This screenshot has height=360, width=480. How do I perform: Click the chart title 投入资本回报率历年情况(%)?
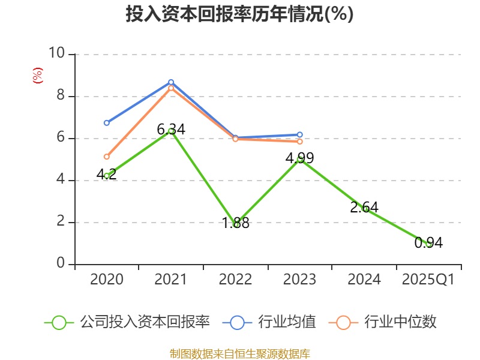tap(239, 14)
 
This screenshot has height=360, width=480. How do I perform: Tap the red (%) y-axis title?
tap(37, 76)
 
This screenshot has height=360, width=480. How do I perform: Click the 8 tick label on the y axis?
tap(59, 96)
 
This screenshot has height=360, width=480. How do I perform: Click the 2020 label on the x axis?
tap(106, 280)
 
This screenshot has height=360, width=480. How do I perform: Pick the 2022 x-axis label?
tap(235, 280)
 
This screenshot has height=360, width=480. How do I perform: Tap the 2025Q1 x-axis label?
tap(428, 280)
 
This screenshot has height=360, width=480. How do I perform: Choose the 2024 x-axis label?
tap(364, 280)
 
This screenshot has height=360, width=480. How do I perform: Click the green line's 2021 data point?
tap(171, 131)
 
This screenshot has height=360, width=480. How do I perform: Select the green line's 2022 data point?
tap(236, 224)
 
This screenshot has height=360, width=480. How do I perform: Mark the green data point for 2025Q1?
tap(428, 244)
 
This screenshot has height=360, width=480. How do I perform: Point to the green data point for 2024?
tap(365, 209)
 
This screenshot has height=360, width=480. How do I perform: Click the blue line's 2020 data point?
tap(107, 123)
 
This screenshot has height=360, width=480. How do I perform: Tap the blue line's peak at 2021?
tap(171, 82)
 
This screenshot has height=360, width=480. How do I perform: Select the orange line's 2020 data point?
tap(107, 157)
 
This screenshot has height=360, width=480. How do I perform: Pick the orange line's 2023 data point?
tap(300, 142)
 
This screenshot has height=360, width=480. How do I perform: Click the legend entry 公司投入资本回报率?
tap(127, 322)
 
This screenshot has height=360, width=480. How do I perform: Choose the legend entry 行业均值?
tap(269, 322)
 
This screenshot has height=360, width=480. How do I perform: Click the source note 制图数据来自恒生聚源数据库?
tap(239, 353)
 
